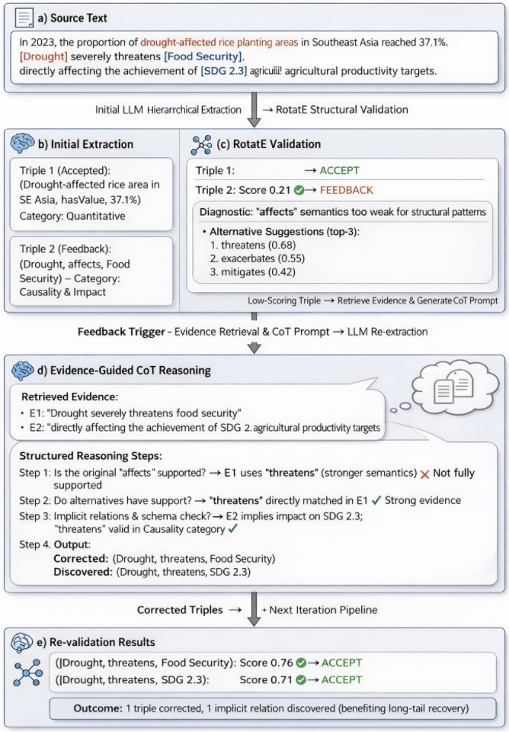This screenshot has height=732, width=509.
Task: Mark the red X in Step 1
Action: [x=424, y=474]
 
